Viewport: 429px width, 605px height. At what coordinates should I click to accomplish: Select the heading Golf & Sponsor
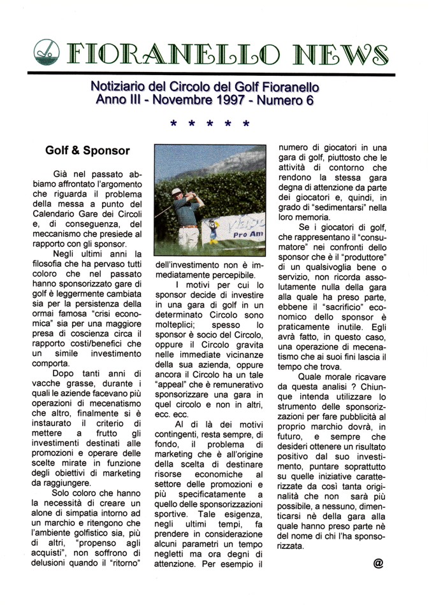point(87,151)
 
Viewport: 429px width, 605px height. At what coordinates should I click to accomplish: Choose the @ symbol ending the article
point(379,563)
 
